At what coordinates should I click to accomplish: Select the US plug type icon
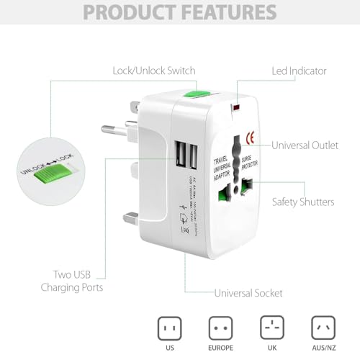point(171,329)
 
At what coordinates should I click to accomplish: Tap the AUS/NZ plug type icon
point(322,329)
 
